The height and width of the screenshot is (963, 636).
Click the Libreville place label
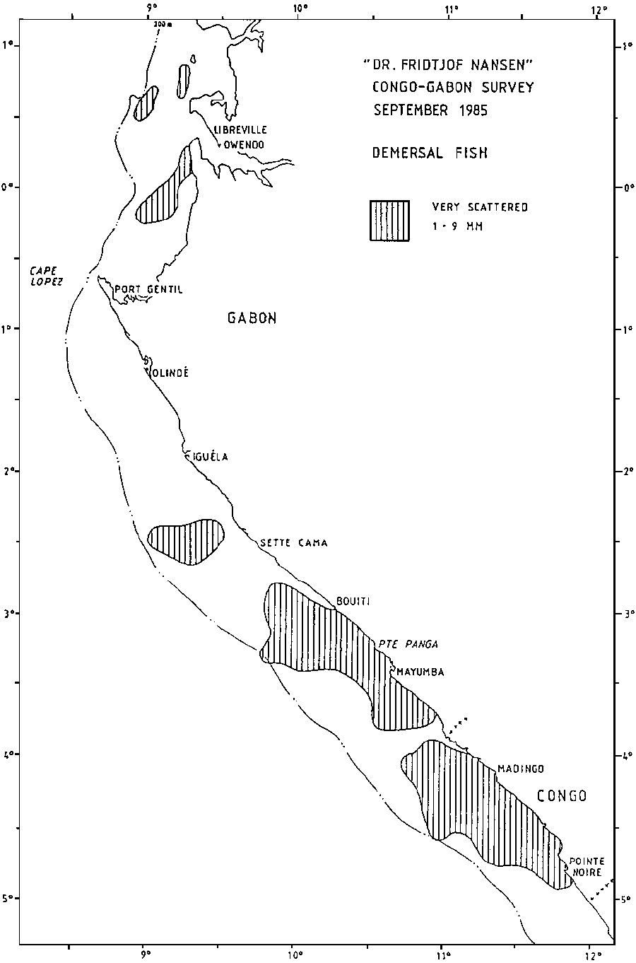pos(240,129)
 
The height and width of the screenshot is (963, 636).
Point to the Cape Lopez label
pos(47,275)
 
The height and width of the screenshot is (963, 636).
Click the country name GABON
pos(252,318)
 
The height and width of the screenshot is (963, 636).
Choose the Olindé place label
pos(170,373)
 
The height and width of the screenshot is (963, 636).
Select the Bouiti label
pos(353,602)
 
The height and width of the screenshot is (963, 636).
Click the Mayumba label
pos(420,672)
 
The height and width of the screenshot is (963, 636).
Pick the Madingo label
pos(520,769)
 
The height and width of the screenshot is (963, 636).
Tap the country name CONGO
pos(562,796)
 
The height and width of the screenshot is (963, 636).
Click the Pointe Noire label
pos(587,866)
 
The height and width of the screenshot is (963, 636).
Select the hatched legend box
pos(389,221)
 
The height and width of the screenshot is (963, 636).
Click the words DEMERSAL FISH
pos(430,153)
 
